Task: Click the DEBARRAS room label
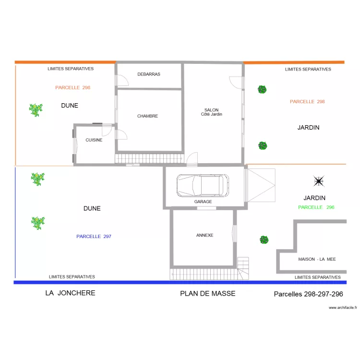tap(149, 74)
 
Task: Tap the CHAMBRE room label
tap(148, 116)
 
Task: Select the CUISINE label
tap(94, 140)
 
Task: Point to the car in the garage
tap(203, 185)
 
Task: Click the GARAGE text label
tap(203, 202)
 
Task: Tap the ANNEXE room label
tap(204, 235)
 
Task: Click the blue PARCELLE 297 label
tap(94, 237)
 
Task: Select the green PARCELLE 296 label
tap(316, 207)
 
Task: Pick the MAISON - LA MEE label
tap(317, 259)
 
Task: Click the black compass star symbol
tap(319, 181)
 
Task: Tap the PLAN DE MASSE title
tap(207, 293)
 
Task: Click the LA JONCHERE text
tap(70, 293)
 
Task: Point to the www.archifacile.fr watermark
tap(343, 308)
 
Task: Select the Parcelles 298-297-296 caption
tap(308, 294)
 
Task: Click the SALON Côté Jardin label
tap(212, 112)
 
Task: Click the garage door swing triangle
tap(261, 185)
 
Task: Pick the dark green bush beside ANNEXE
tap(264, 240)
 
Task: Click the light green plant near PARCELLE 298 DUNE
tap(36, 110)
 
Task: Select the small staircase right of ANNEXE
tap(243, 268)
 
